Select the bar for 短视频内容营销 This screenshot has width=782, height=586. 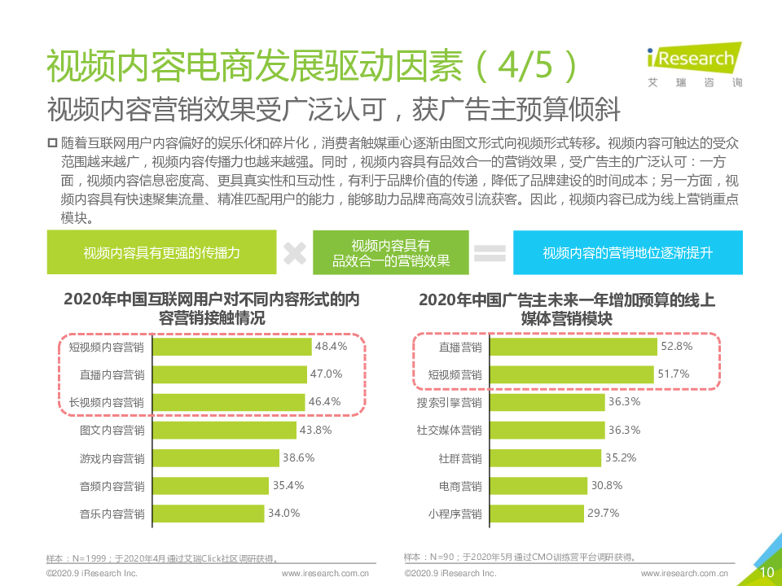click(x=231, y=347)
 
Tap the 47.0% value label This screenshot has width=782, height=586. click(x=326, y=374)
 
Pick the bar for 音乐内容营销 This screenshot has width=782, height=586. click(x=208, y=514)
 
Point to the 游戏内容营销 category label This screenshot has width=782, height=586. click(x=112, y=458)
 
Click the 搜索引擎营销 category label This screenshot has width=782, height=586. click(x=449, y=403)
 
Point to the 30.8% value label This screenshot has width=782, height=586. click(x=607, y=486)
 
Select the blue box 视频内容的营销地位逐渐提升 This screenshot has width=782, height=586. click(x=627, y=253)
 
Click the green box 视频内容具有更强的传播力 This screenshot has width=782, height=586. click(x=161, y=253)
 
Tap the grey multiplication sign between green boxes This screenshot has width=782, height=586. click(x=294, y=253)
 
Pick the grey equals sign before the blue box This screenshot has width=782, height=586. click(x=490, y=253)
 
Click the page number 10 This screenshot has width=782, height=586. click(x=767, y=573)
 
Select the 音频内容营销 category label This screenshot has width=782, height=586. click(x=112, y=486)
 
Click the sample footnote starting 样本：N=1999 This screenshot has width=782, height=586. click(x=163, y=559)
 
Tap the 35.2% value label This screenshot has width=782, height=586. click(x=621, y=458)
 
